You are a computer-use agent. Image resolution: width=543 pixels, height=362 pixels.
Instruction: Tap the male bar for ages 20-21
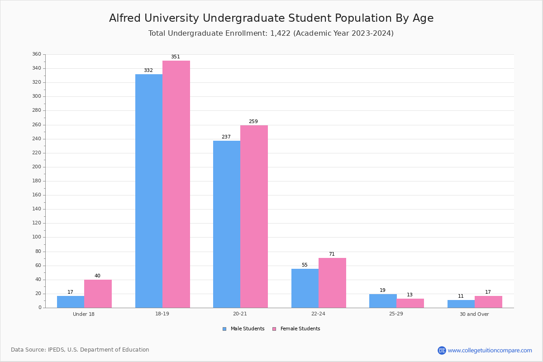[227, 224]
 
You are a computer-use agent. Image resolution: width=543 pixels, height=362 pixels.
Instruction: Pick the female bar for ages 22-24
[332, 283]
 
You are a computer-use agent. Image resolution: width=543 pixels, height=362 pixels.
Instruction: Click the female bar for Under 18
[98, 294]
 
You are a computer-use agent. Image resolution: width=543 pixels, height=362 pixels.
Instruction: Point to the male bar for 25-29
[383, 301]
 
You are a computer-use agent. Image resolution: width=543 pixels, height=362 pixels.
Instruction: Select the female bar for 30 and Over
[488, 302]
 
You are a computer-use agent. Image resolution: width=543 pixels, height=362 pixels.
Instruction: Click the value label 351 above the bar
[176, 57]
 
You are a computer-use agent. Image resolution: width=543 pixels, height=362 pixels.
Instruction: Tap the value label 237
[226, 137]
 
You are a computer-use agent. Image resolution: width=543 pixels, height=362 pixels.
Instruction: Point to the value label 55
[305, 265]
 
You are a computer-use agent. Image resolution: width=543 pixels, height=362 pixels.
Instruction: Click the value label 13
[410, 295]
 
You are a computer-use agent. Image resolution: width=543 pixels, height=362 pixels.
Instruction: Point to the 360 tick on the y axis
[37, 54]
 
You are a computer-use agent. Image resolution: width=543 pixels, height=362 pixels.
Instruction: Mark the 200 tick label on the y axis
[37, 167]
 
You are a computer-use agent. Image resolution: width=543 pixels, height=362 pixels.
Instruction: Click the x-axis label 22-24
[318, 314]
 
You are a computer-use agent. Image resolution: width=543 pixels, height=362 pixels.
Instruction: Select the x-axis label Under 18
[84, 314]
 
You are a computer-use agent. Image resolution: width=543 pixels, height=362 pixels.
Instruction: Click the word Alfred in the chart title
[124, 19]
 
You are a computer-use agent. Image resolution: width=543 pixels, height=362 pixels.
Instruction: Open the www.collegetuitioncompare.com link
[490, 350]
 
